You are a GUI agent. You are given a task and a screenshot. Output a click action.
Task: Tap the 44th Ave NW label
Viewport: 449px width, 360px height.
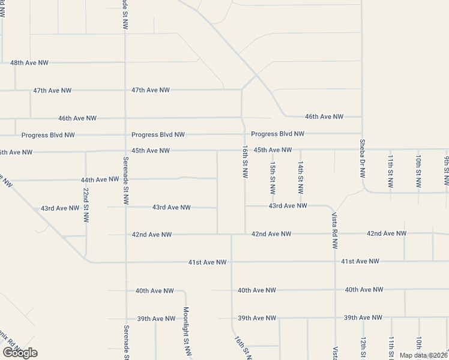click(100, 179)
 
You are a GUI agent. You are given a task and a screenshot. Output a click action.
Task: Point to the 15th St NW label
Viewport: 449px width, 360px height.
click(273, 178)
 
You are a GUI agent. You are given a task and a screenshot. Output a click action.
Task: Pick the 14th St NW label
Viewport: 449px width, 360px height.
click(301, 178)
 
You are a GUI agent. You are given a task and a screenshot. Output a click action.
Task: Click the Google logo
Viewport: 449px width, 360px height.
click(20, 353)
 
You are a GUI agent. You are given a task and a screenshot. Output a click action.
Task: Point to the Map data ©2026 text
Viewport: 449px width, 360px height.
click(424, 355)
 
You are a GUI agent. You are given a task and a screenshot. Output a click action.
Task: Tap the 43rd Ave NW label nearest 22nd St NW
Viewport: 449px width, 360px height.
click(60, 208)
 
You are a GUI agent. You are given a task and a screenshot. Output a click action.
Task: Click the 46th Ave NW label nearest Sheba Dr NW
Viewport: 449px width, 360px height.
click(324, 116)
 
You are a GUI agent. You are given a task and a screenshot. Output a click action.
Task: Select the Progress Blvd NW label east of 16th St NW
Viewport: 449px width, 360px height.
click(278, 134)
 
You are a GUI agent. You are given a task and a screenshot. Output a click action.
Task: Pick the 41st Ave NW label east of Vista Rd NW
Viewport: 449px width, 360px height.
click(360, 261)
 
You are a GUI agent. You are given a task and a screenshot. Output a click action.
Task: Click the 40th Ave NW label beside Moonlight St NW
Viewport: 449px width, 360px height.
click(155, 290)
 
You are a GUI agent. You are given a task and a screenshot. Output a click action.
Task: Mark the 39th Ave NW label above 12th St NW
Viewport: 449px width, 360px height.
click(363, 317)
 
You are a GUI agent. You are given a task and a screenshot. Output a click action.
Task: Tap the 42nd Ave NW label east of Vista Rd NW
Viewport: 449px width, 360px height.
click(387, 233)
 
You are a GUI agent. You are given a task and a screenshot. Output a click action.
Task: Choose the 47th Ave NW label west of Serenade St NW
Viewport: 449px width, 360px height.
click(52, 91)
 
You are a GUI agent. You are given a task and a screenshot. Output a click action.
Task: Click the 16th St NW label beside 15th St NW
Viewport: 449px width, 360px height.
click(245, 161)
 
